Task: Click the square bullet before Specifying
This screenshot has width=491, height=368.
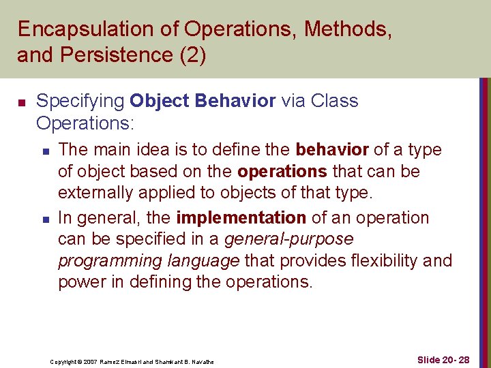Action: [x=21, y=102]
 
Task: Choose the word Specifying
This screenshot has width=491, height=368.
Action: [x=80, y=101]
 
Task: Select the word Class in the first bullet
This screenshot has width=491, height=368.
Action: [x=334, y=101]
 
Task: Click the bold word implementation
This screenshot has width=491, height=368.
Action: [x=241, y=218]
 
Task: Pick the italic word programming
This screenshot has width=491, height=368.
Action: [x=102, y=261]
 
